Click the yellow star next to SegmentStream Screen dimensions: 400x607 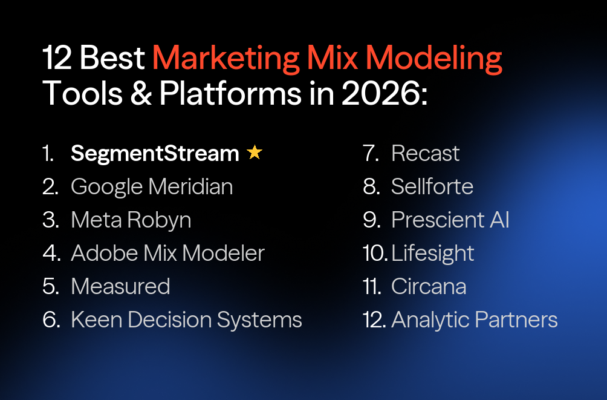[255, 153]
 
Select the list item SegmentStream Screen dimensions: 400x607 [155, 154]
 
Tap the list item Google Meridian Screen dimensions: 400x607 [152, 187]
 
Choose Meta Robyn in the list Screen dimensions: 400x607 [131, 220]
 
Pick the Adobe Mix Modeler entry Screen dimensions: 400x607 [167, 254]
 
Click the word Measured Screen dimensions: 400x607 [120, 286]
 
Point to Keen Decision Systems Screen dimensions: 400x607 [186, 320]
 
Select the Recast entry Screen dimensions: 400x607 [425, 154]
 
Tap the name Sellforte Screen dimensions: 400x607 [432, 187]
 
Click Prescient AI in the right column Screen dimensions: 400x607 [450, 220]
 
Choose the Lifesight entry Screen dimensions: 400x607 [432, 254]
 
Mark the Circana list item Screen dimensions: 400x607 [429, 286]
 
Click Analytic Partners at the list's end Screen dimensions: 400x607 [474, 320]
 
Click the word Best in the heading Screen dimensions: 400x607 [113, 59]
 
